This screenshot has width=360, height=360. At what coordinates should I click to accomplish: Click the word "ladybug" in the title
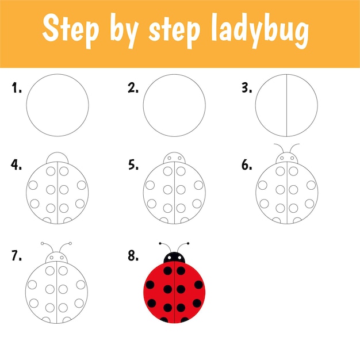coord(259,30)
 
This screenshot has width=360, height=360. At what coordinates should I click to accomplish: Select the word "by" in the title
coord(124,30)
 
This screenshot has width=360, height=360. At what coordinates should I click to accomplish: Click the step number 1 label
coord(17,88)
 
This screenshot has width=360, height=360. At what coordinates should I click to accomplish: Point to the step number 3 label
coord(247,88)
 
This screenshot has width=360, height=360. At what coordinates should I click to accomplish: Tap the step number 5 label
coord(133,164)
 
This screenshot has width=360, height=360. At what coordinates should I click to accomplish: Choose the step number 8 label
coord(133,255)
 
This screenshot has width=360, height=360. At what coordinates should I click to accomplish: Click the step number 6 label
coord(247,165)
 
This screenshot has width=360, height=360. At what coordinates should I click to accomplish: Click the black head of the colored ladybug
coord(174,258)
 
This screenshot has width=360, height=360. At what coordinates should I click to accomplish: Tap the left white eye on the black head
coord(170,258)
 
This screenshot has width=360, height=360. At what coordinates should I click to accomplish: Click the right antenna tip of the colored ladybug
coord(188,243)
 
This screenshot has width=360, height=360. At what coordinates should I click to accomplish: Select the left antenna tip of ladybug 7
coord(42,243)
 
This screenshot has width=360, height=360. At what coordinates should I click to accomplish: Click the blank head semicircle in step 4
coord(57,152)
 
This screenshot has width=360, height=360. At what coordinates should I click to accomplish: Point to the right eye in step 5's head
coord(180,158)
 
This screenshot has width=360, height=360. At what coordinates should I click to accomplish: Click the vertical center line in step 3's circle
coord(286,105)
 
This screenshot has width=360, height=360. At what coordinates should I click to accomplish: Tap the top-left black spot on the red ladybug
coord(168,271)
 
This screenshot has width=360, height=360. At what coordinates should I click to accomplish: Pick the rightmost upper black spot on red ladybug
coord(198,285)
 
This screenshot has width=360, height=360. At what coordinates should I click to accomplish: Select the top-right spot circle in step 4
coord(64,171)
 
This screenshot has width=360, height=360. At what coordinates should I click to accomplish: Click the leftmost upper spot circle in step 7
coord(32,285)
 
